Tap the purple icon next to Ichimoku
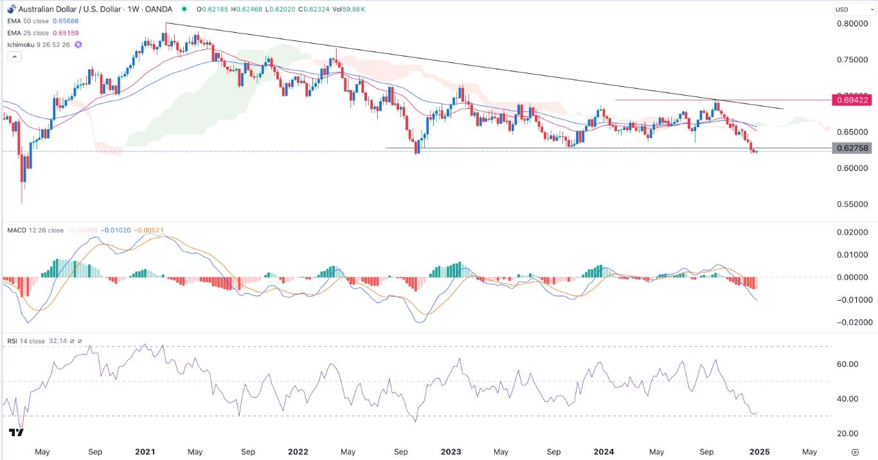78,44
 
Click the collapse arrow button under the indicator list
15,57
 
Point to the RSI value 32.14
57,341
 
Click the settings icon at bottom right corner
854,452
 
